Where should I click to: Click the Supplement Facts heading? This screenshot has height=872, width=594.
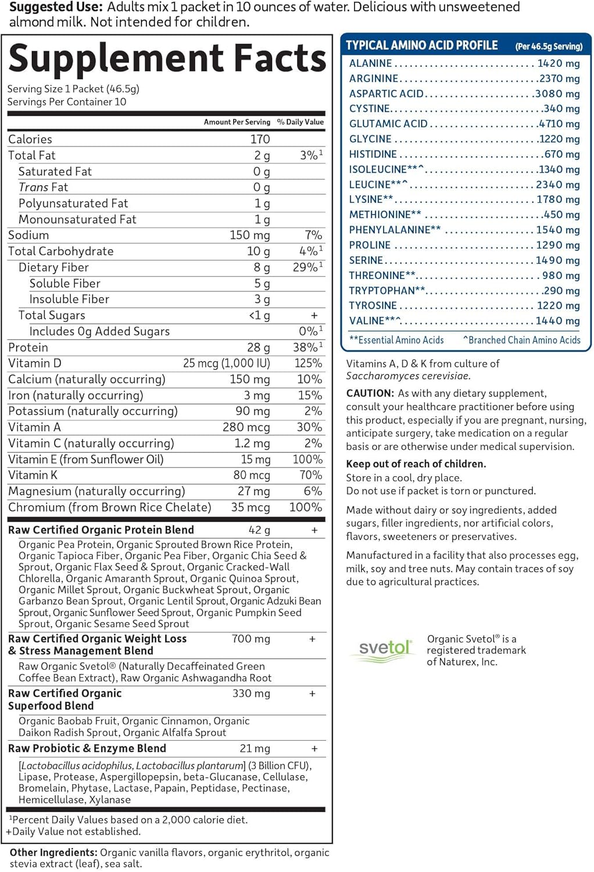[x=167, y=59]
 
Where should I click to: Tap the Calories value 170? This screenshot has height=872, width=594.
[x=260, y=140]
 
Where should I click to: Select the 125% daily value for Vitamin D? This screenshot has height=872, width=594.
[x=308, y=363]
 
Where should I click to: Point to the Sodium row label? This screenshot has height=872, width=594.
[x=28, y=235]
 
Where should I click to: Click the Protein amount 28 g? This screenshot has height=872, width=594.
[x=258, y=348]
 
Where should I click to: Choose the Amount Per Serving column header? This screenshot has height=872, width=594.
[x=237, y=122]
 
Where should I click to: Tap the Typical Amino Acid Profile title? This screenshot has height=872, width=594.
[x=421, y=45]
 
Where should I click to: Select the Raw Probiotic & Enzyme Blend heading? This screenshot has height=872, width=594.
[x=87, y=749]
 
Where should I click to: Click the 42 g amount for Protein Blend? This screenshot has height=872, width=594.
[x=259, y=530]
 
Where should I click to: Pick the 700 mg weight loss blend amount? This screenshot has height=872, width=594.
[x=251, y=639]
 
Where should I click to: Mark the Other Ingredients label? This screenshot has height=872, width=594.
[x=53, y=853]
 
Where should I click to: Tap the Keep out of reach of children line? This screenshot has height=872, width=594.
[x=416, y=464]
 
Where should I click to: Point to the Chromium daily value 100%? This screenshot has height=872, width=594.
[x=306, y=508]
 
